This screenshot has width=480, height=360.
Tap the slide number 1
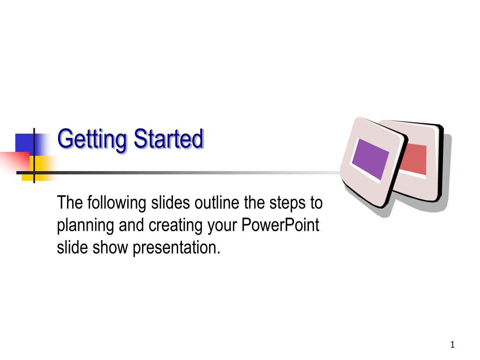pos(452,345)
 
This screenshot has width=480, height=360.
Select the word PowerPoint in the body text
pos(280,225)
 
